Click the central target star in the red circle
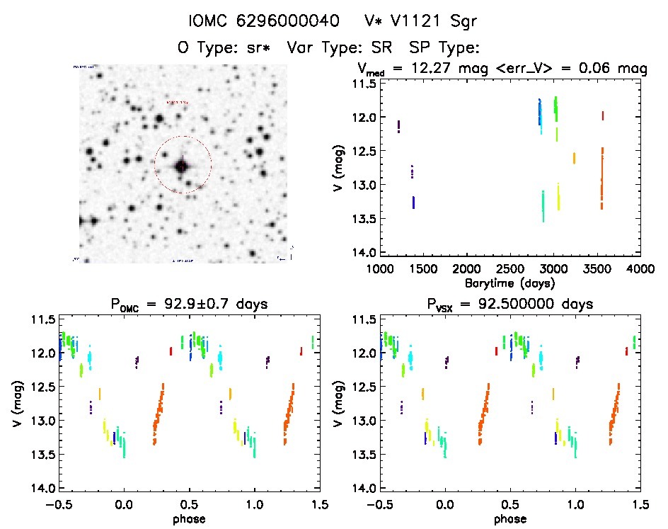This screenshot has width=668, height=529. pyautogui.click(x=182, y=166)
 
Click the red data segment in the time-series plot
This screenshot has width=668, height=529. pyautogui.click(x=602, y=115)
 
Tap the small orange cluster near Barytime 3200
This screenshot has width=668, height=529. pyautogui.click(x=574, y=158)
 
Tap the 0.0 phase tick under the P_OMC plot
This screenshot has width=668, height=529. pyautogui.click(x=125, y=504)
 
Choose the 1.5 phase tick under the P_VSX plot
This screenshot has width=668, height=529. pyautogui.click(x=640, y=504)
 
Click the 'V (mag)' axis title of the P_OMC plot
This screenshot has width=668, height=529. pyautogui.click(x=16, y=404)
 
